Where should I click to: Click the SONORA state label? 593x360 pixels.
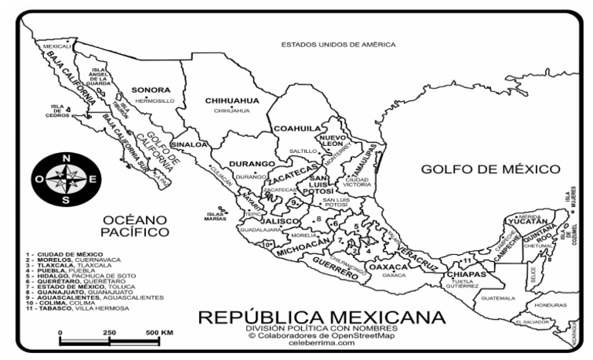[x=151, y=90]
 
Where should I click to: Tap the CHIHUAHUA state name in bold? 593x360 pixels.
[x=232, y=100]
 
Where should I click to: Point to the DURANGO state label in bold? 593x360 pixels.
[x=252, y=164]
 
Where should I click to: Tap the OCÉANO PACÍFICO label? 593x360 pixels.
[x=134, y=225]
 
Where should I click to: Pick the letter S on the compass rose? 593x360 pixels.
[x=66, y=200]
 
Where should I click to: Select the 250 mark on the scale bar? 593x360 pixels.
[x=109, y=332]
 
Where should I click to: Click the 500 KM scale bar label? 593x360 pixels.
[x=158, y=332]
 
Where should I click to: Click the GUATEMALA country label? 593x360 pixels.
[x=497, y=297]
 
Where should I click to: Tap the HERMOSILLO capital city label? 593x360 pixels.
[x=154, y=101]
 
